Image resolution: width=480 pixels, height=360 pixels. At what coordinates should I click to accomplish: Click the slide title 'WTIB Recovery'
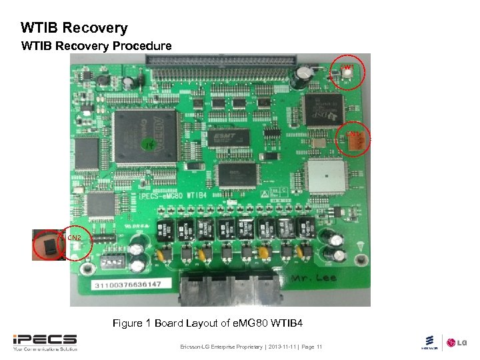pos(74,28)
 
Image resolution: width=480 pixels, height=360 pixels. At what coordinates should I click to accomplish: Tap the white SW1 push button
pos(347,73)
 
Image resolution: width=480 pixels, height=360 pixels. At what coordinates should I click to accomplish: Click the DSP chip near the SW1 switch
pos(323,105)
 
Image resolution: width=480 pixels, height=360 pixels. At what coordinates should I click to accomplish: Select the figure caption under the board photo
pos(207,323)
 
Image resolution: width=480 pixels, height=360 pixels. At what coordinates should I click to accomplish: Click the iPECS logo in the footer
pos(45,341)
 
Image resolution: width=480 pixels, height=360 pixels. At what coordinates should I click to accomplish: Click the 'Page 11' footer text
pos(312,347)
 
